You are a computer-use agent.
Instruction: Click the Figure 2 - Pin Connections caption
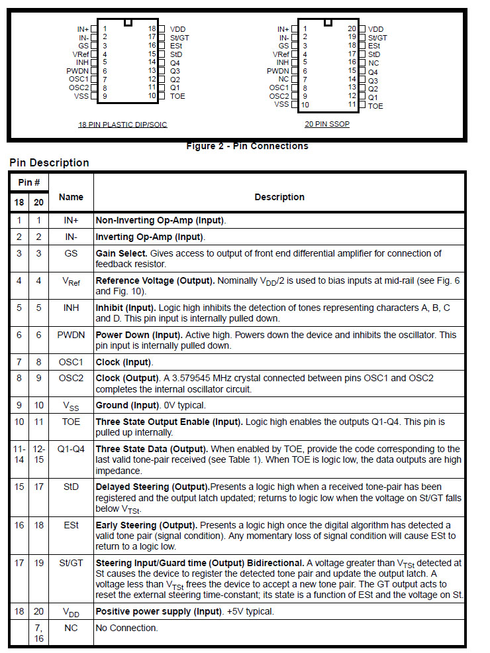click(247, 146)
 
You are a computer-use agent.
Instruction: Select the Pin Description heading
click(49, 163)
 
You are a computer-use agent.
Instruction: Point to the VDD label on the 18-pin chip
click(177, 29)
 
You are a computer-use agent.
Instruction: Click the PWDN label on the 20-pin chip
click(278, 70)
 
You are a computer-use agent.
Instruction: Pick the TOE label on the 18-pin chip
click(177, 96)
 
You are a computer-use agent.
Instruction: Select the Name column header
click(71, 197)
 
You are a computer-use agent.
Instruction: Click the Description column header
click(279, 197)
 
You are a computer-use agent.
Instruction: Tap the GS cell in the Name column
click(71, 253)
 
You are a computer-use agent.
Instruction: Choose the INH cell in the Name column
click(71, 308)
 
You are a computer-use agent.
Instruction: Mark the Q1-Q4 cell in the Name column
click(71, 448)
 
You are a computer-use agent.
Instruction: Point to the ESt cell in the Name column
click(71, 525)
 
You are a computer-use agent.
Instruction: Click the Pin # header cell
click(29, 182)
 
